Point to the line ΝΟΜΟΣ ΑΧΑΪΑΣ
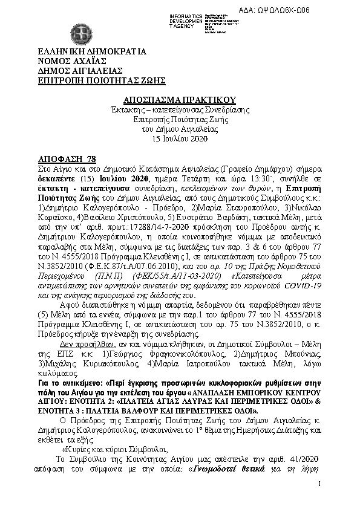(x=72, y=62)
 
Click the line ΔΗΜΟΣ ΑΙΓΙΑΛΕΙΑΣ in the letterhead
(x=80, y=71)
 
